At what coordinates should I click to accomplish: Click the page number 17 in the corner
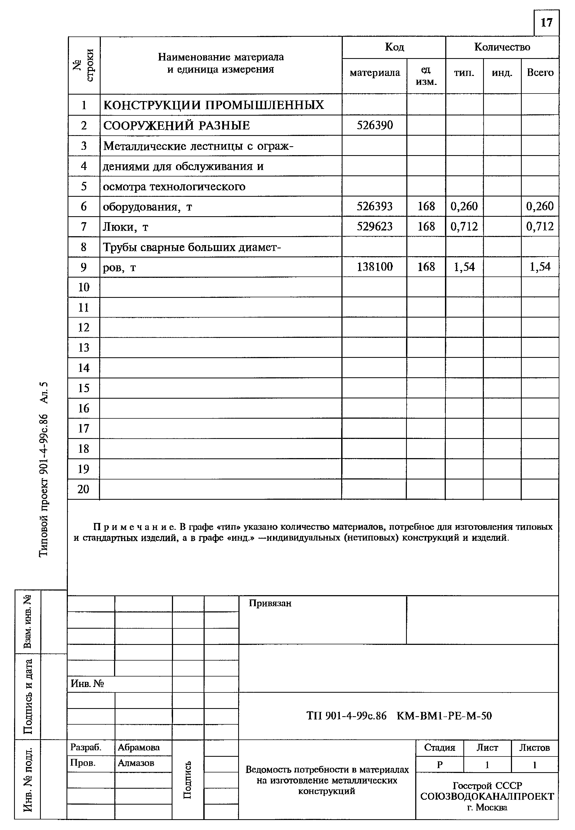[546, 23]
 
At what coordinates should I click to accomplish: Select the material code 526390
[375, 125]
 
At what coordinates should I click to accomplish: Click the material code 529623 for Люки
[375, 226]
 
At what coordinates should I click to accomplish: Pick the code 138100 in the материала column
[375, 267]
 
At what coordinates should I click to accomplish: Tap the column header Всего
[540, 73]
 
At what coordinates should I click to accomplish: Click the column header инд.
[502, 73]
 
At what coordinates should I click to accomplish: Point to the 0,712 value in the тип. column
[464, 226]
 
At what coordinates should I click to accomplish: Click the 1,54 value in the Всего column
[540, 267]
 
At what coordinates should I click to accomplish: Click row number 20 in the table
[83, 489]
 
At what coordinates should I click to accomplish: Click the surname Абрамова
[139, 748]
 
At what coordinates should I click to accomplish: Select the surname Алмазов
[136, 763]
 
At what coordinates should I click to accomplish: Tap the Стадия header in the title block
[440, 748]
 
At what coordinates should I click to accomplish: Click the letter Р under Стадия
[440, 765]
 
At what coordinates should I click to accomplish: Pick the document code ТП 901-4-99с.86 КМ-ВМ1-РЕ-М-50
[399, 715]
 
